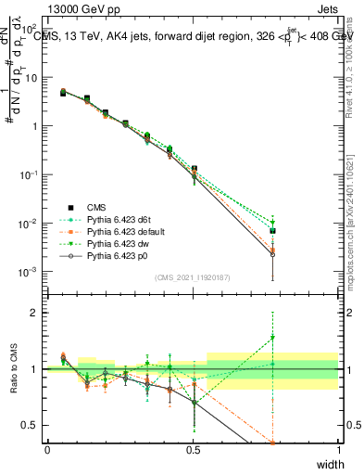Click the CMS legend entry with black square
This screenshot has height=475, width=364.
[x=97, y=207]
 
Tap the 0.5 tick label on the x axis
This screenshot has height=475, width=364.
[x=193, y=448]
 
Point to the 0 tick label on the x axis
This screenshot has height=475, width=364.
[x=47, y=448]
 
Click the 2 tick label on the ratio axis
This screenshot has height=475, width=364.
[x=32, y=313]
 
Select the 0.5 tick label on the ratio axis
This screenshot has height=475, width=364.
[x=30, y=425]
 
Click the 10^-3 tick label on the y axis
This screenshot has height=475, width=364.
[x=27, y=272]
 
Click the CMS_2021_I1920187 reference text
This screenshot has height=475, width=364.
[x=192, y=277]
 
